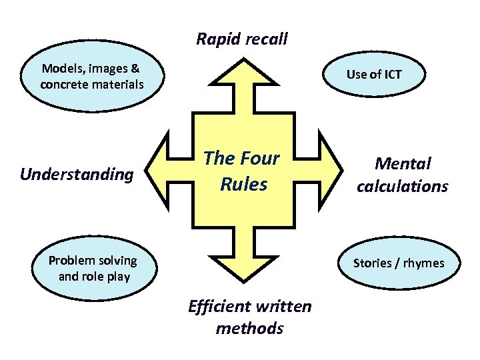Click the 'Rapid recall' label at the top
242,39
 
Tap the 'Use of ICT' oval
373,75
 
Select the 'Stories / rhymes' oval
398,263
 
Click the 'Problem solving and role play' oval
93,269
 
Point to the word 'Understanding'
77,175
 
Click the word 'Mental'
403,163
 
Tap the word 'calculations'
402,186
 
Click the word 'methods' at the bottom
249,328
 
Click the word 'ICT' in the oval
391,75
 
